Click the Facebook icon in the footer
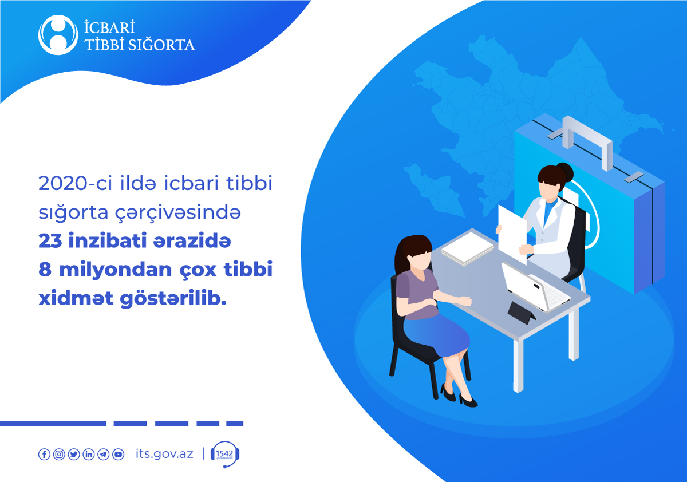[44, 454]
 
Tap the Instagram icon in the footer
[59, 454]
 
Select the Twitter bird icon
[74, 454]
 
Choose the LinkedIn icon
[89, 454]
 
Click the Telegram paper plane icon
[104, 454]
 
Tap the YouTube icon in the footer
[118, 454]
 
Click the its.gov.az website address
[164, 454]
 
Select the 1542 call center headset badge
[225, 454]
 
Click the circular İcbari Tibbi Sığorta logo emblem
[58, 35]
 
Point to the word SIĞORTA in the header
[161, 45]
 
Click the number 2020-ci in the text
[75, 183]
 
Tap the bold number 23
[50, 240]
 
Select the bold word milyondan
[115, 269]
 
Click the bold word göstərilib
[173, 298]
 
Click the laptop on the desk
[535, 287]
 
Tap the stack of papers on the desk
[467, 248]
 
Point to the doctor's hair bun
[565, 172]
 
